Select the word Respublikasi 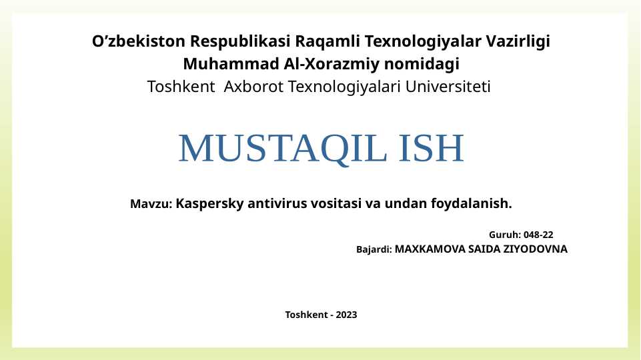click(x=240, y=42)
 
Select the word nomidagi click(x=422, y=64)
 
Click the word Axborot click(x=253, y=87)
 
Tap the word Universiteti click(x=448, y=87)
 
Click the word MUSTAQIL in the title click(x=283, y=148)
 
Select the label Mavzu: click(x=151, y=203)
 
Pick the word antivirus click(x=277, y=203)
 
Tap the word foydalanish click(x=472, y=203)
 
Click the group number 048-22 click(x=538, y=235)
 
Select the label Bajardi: click(x=374, y=249)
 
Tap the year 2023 click(x=346, y=315)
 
